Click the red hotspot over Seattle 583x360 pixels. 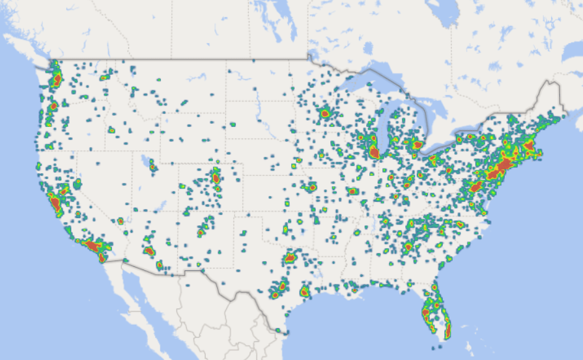coord(57,79)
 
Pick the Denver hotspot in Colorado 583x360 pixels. coord(216,176)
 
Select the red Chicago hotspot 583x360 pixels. coord(374,152)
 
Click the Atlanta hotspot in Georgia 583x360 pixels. coord(409,246)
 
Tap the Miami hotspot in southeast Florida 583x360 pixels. coord(448,331)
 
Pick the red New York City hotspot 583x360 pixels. coord(502,167)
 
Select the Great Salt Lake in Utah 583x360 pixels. coord(144,159)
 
